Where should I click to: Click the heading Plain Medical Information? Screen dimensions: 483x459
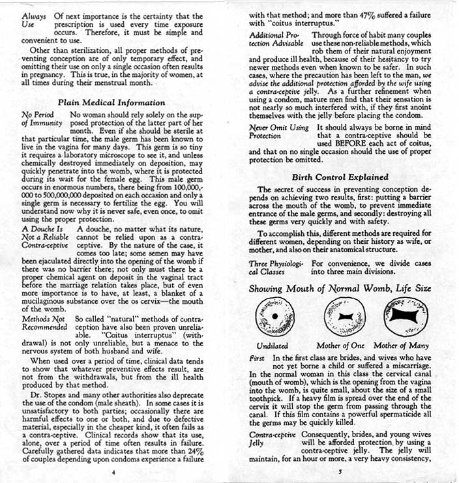pyautogui.click(x=111, y=102)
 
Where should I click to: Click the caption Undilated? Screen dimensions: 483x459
pyautogui.click(x=273, y=345)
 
